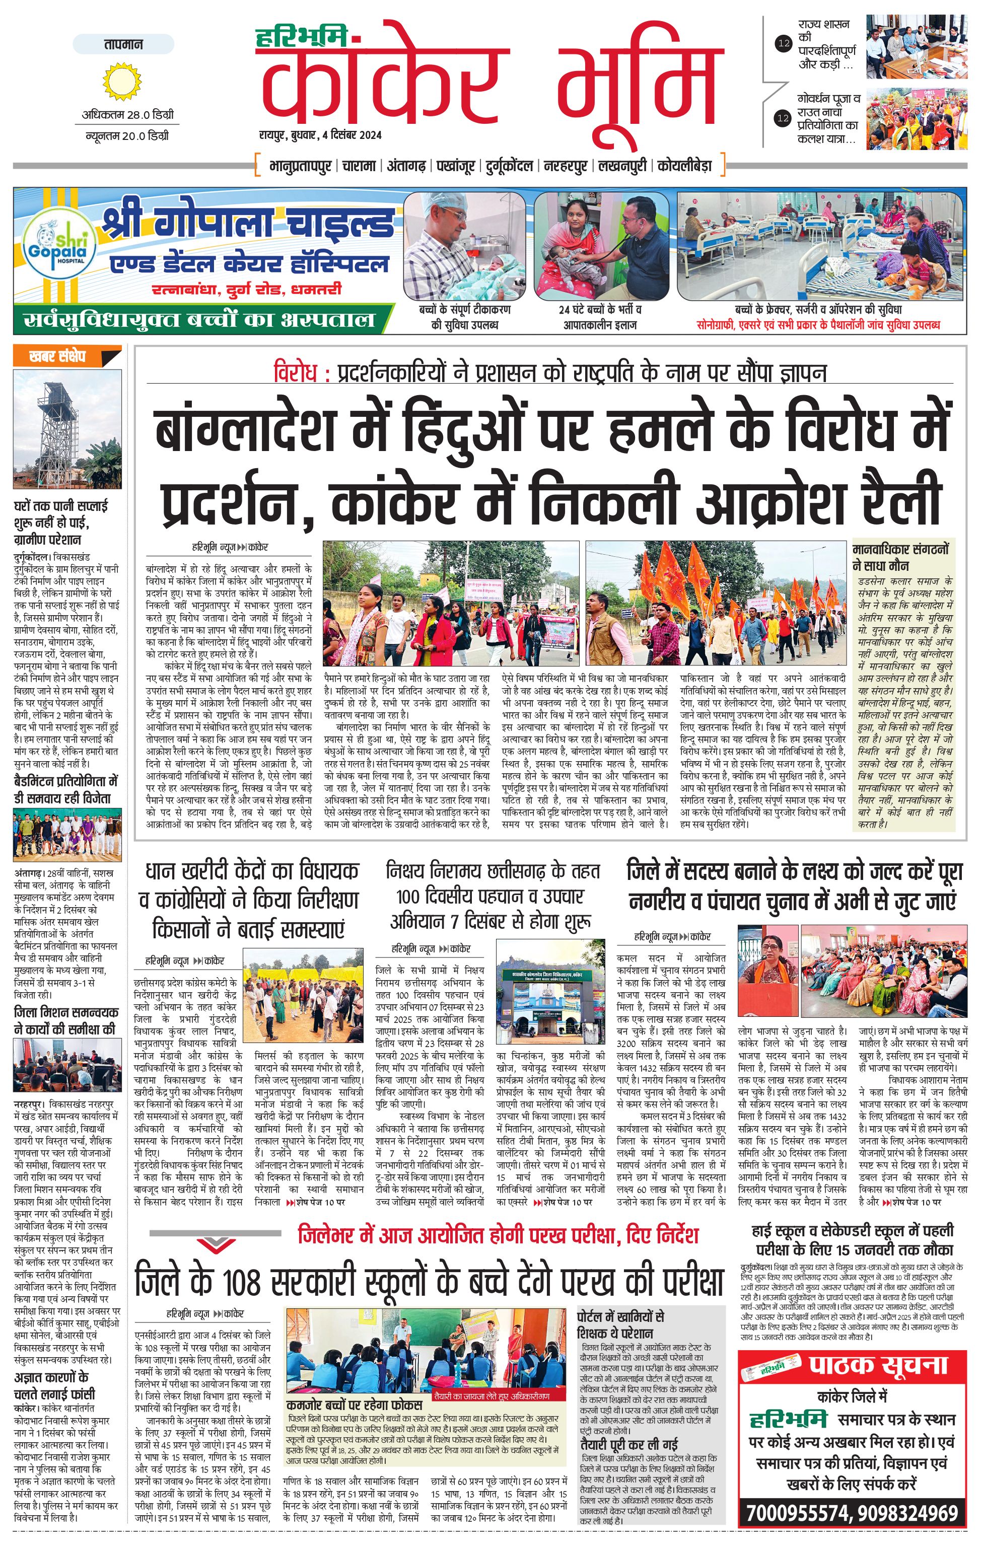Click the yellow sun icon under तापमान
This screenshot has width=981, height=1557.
tap(121, 80)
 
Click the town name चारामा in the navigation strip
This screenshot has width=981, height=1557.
tap(359, 166)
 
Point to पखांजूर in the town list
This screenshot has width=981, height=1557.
tap(455, 166)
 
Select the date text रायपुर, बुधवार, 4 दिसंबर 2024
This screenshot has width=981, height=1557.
tap(320, 134)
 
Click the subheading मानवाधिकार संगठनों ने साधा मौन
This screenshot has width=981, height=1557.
tap(901, 557)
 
